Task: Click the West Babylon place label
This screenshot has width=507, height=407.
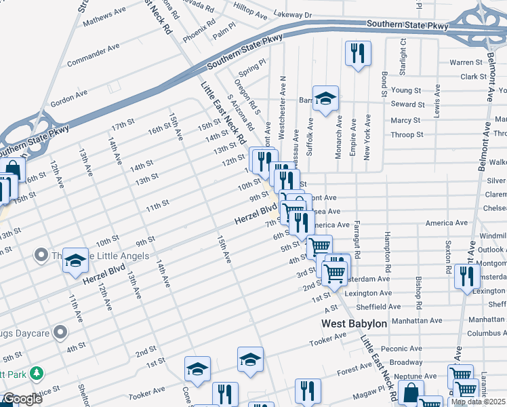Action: tap(354, 324)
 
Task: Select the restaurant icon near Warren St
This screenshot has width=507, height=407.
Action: tap(357, 54)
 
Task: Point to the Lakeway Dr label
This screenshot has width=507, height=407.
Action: tap(293, 14)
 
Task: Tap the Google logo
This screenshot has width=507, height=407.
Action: tap(22, 399)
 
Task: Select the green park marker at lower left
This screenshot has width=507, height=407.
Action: tap(36, 373)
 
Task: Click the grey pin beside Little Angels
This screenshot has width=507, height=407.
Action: tap(41, 255)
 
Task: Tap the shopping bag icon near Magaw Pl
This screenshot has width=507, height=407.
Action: tap(411, 392)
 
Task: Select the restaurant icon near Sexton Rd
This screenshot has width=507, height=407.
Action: tap(467, 276)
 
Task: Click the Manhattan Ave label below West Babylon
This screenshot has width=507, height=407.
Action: tap(416, 320)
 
